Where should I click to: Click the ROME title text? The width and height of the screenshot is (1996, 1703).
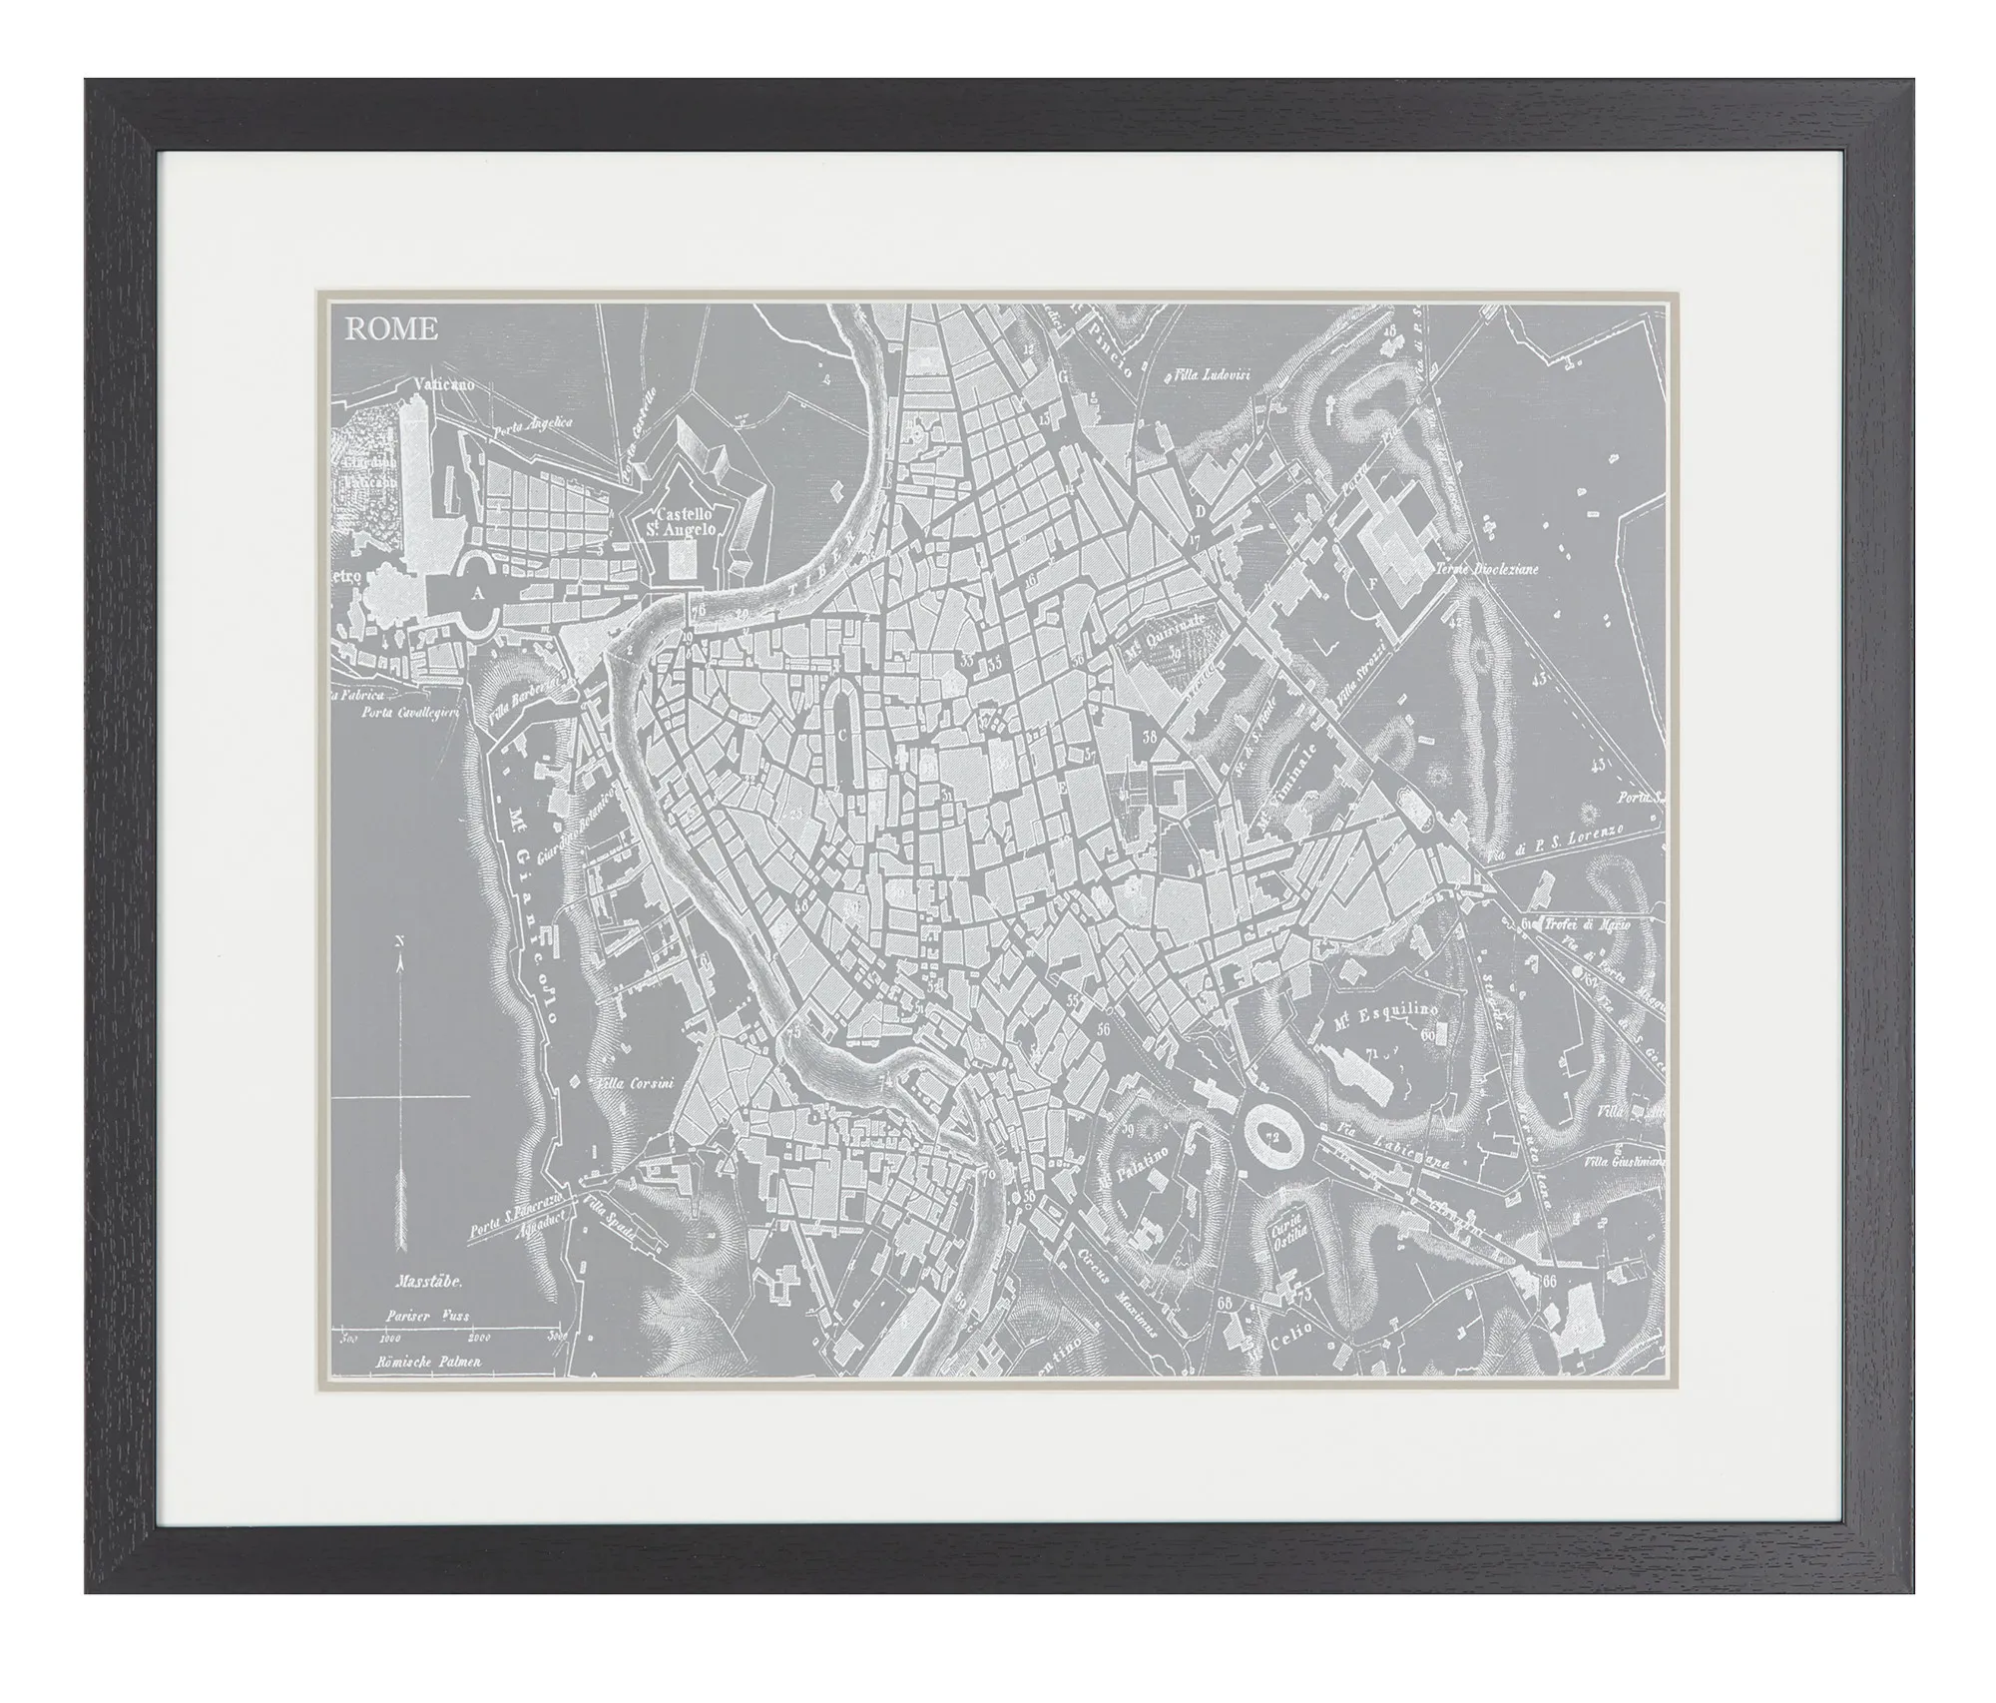391,329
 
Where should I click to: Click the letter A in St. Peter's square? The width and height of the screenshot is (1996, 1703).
478,592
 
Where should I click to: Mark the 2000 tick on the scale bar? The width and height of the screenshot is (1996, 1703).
478,1338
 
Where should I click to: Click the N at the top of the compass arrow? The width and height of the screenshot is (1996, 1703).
399,941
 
